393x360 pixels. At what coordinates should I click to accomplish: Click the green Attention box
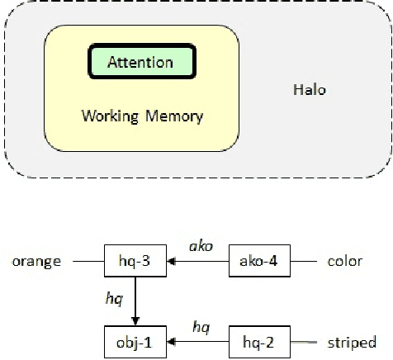(x=141, y=62)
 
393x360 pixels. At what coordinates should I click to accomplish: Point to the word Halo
(x=310, y=89)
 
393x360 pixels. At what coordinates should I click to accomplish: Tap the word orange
(x=37, y=262)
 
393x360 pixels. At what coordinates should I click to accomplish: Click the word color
(x=344, y=262)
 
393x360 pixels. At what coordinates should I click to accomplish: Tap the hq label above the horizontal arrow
(x=200, y=326)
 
